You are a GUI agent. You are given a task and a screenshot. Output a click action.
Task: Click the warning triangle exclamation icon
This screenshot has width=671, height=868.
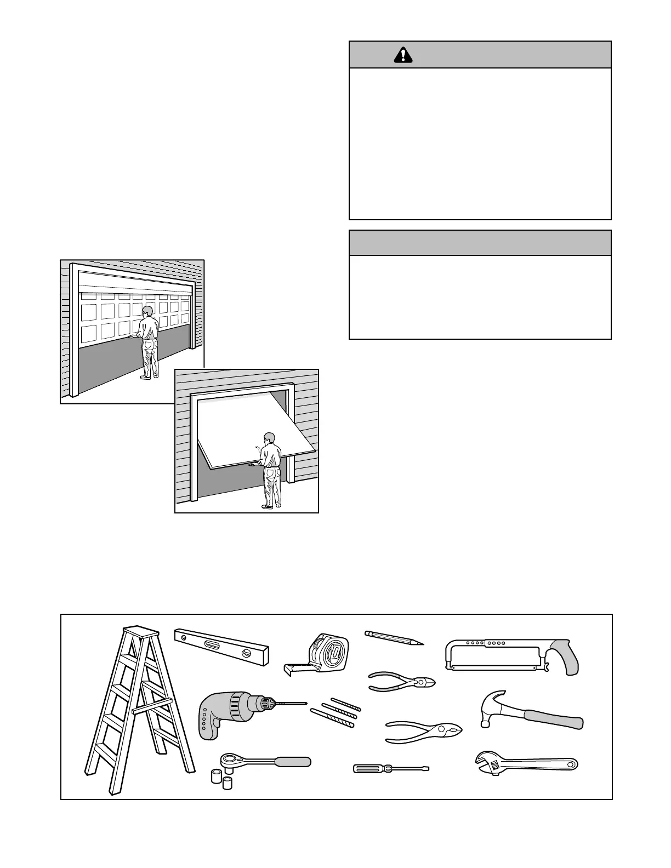pyautogui.click(x=403, y=54)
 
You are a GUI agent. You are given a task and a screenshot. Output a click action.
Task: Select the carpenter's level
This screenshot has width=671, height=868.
pyautogui.click(x=221, y=647)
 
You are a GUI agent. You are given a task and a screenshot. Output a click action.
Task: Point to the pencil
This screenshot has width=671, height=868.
pyautogui.click(x=394, y=638)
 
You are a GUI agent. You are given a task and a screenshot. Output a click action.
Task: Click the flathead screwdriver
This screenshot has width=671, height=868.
pyautogui.click(x=390, y=768)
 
